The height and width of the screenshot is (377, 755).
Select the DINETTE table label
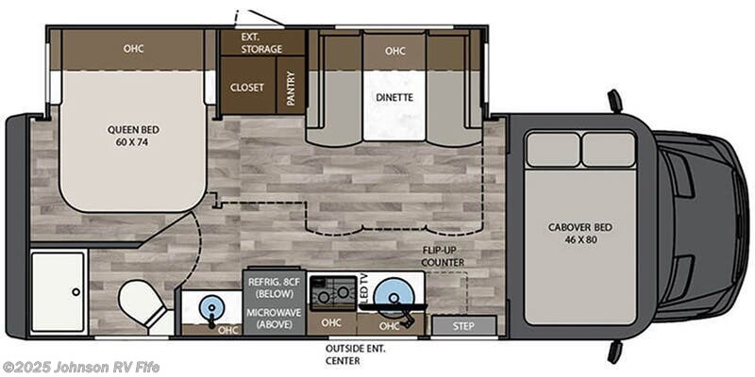(x=394, y=96)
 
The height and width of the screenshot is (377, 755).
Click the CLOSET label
(x=247, y=87)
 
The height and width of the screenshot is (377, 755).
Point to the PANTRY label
(x=292, y=86)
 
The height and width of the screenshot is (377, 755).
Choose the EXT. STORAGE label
(x=262, y=42)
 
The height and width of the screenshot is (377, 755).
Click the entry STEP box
(x=463, y=326)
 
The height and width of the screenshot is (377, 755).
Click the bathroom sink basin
(x=207, y=305)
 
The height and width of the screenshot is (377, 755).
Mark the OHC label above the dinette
(x=394, y=51)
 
